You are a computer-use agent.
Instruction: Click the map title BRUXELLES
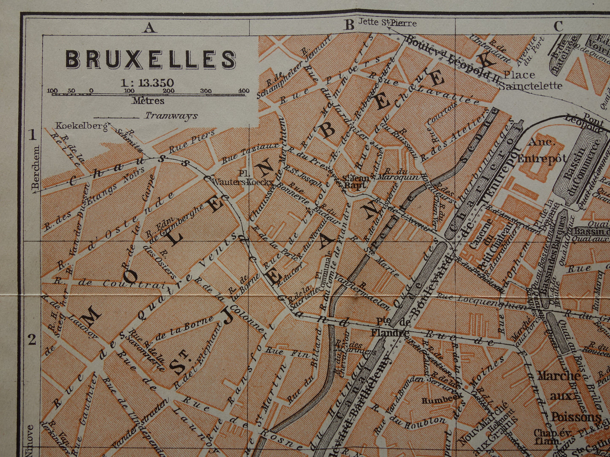pyautogui.click(x=151, y=59)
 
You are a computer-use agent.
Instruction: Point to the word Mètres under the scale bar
pyautogui.click(x=148, y=101)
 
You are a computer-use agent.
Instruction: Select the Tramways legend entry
pyautogui.click(x=171, y=116)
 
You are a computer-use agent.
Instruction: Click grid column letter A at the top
pyautogui.click(x=149, y=27)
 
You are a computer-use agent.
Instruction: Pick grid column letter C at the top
pyautogui.click(x=558, y=26)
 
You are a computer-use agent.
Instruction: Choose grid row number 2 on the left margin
pyautogui.click(x=32, y=339)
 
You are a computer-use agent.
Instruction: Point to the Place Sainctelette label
pyautogui.click(x=530, y=80)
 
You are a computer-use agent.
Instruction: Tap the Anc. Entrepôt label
pyautogui.click(x=541, y=151)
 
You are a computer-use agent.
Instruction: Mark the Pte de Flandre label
pyautogui.click(x=390, y=328)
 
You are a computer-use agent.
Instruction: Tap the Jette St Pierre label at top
pyautogui.click(x=387, y=23)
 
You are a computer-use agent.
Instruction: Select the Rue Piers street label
pyautogui.click(x=186, y=144)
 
